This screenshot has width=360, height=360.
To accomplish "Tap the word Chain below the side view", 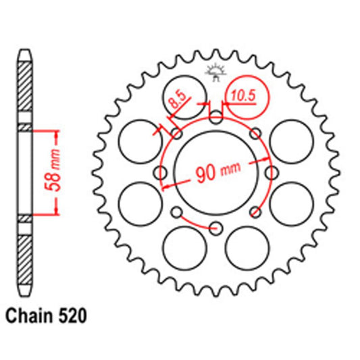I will pyautogui.click(x=30, y=315).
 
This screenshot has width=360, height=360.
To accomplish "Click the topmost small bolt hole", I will pyautogui.click(x=215, y=120).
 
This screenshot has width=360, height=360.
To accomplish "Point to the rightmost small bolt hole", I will pyautogui.click(x=269, y=172).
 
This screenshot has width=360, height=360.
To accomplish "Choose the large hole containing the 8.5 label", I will pyautogui.click(x=184, y=97).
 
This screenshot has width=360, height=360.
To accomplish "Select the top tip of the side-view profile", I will pyautogui.click(x=24, y=51).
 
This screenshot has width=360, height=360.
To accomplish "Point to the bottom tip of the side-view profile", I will pyautogui.click(x=24, y=295).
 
